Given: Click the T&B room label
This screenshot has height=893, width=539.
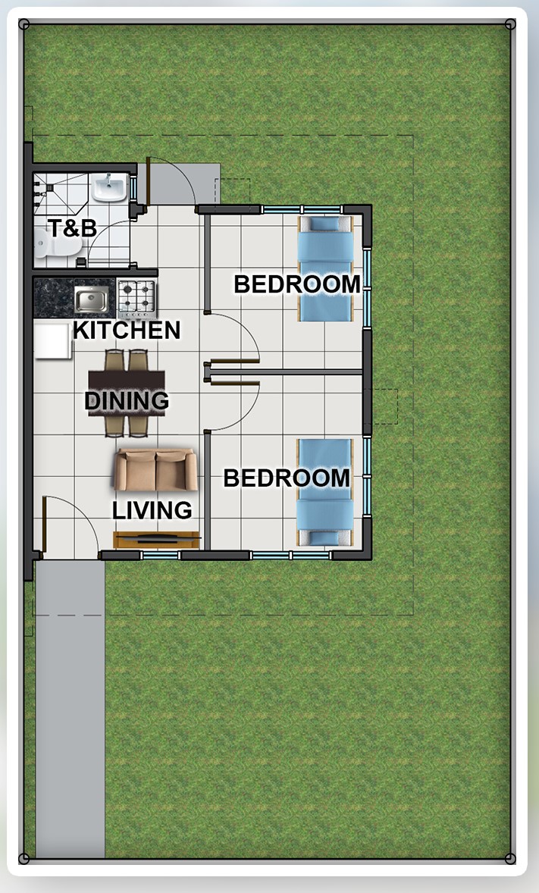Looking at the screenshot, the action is click(72, 228).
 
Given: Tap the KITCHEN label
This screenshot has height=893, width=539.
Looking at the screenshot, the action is click(127, 331).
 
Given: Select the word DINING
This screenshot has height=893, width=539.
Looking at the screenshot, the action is click(127, 400).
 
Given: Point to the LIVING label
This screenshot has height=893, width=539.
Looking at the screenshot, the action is click(152, 510).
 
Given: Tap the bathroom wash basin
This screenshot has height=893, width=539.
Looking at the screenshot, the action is click(109, 188).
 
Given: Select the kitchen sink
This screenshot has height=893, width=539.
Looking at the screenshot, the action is click(91, 299).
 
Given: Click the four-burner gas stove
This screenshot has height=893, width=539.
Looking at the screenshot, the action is click(136, 299).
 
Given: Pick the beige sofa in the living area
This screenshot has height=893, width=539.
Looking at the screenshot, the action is click(155, 470).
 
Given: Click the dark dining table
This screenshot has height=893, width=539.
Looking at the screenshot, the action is click(127, 393).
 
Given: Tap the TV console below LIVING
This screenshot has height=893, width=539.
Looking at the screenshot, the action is click(156, 539).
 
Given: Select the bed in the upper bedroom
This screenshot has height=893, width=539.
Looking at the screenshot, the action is click(326, 268).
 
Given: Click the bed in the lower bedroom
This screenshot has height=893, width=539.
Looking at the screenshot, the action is click(324, 493).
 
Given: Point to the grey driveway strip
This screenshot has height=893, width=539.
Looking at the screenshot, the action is click(70, 709).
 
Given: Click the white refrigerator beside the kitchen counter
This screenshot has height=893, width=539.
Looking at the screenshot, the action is click(52, 340).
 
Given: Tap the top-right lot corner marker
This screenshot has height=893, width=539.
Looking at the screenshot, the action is click(510, 24).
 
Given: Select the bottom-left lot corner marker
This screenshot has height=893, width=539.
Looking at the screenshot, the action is click(24, 858).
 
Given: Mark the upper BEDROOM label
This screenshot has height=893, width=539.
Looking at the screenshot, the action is click(297, 284).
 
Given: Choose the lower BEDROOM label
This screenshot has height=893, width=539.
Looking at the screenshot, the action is click(286, 478).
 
